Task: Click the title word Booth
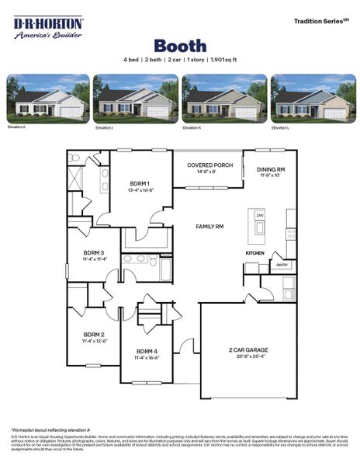click(179, 46)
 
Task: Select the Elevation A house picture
click(47, 99)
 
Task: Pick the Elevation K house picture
click(223, 99)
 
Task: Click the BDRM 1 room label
click(141, 184)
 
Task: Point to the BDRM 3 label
click(95, 253)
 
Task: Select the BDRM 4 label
click(147, 351)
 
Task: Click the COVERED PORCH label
click(209, 165)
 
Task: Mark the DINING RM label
click(271, 169)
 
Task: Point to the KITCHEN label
click(255, 253)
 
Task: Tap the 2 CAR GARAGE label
click(248, 350)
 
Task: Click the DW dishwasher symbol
click(260, 215)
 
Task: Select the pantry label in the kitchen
click(282, 264)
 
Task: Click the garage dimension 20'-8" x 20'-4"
click(248, 358)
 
